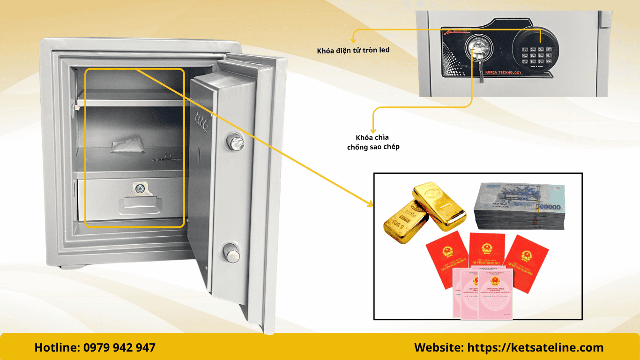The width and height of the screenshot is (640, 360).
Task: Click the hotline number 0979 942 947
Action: (x=119, y=348)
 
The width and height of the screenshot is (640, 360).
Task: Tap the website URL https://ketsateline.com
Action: (x=536, y=348)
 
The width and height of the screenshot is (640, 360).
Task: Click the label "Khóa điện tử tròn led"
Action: (x=353, y=50)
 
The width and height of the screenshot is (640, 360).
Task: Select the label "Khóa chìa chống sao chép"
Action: (x=373, y=142)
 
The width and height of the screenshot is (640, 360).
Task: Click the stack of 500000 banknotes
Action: (x=520, y=206)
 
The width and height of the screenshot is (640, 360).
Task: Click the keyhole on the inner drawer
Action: (x=139, y=188)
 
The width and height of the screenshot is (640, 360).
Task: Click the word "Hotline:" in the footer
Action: (x=57, y=348)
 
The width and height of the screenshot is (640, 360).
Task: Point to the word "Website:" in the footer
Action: (x=439, y=348)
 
